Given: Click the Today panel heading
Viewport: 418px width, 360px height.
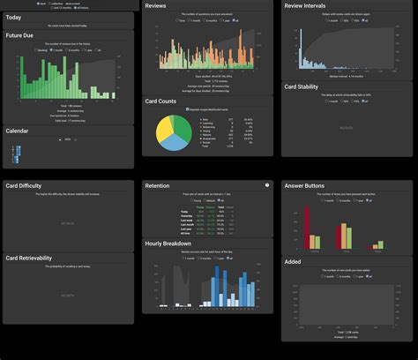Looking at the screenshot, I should [x=14, y=17].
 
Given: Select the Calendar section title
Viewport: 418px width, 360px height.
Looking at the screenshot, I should [x=18, y=131].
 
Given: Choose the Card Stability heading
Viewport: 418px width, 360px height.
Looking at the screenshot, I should [x=303, y=87].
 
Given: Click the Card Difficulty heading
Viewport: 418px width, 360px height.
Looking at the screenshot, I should [x=24, y=186].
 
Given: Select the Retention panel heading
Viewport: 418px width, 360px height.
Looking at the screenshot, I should [x=158, y=186].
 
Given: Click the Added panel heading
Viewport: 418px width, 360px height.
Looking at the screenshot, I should [x=293, y=262].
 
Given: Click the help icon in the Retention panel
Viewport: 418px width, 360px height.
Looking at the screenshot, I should [x=267, y=185].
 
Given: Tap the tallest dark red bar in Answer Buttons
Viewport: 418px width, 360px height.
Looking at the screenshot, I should [x=307, y=228].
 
